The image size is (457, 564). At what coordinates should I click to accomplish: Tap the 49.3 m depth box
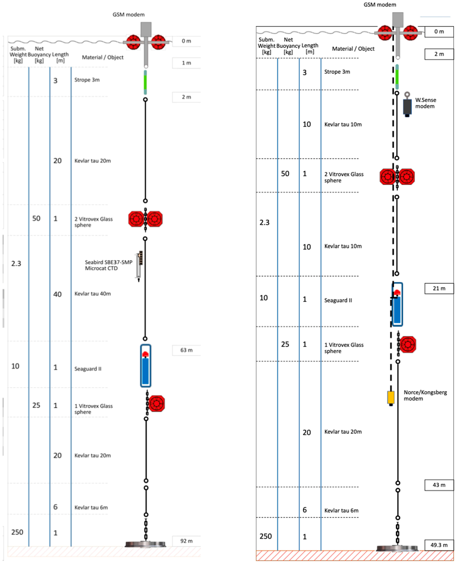pos(439,545)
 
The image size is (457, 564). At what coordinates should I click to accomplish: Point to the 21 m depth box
pos(439,288)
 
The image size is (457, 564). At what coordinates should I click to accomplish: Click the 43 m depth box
pos(439,485)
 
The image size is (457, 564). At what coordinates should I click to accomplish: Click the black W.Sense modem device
pos(407,107)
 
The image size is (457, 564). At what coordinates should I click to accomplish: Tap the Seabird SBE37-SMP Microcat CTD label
pos(108,265)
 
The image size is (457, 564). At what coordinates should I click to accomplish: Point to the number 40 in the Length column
pos(57,294)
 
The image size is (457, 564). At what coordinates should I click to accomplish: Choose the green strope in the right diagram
pos(397,77)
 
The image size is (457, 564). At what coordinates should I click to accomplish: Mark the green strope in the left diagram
pos(145,82)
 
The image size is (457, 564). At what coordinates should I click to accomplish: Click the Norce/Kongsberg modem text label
pos(425,395)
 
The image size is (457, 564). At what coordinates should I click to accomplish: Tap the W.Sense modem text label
pos(425,103)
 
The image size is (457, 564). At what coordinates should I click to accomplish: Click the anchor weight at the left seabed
pos(145,544)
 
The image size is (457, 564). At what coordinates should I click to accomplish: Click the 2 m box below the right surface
pos(439,54)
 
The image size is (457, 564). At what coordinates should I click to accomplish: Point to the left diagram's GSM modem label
pos(129,14)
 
